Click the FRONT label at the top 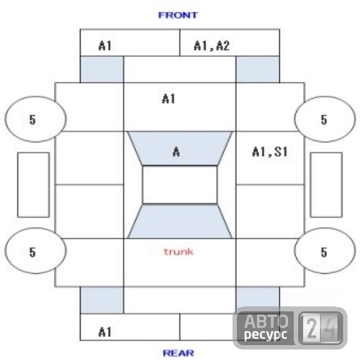[x=178, y=15]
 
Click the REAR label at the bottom [x=178, y=353]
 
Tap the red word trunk [x=179, y=251]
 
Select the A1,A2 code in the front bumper [x=212, y=46]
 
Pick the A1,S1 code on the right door [x=270, y=152]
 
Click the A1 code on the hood [x=169, y=99]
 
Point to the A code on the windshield [x=176, y=152]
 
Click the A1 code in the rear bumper [x=105, y=332]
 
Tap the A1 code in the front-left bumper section [x=105, y=46]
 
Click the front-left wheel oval [x=36, y=119]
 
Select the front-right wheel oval [x=325, y=119]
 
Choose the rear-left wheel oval [x=36, y=251]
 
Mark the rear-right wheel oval [x=325, y=251]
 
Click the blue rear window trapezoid [x=180, y=221]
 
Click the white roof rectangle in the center [x=180, y=184]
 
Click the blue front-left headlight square [x=102, y=69]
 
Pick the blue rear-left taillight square [x=102, y=300]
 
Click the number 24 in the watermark [x=321, y=328]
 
